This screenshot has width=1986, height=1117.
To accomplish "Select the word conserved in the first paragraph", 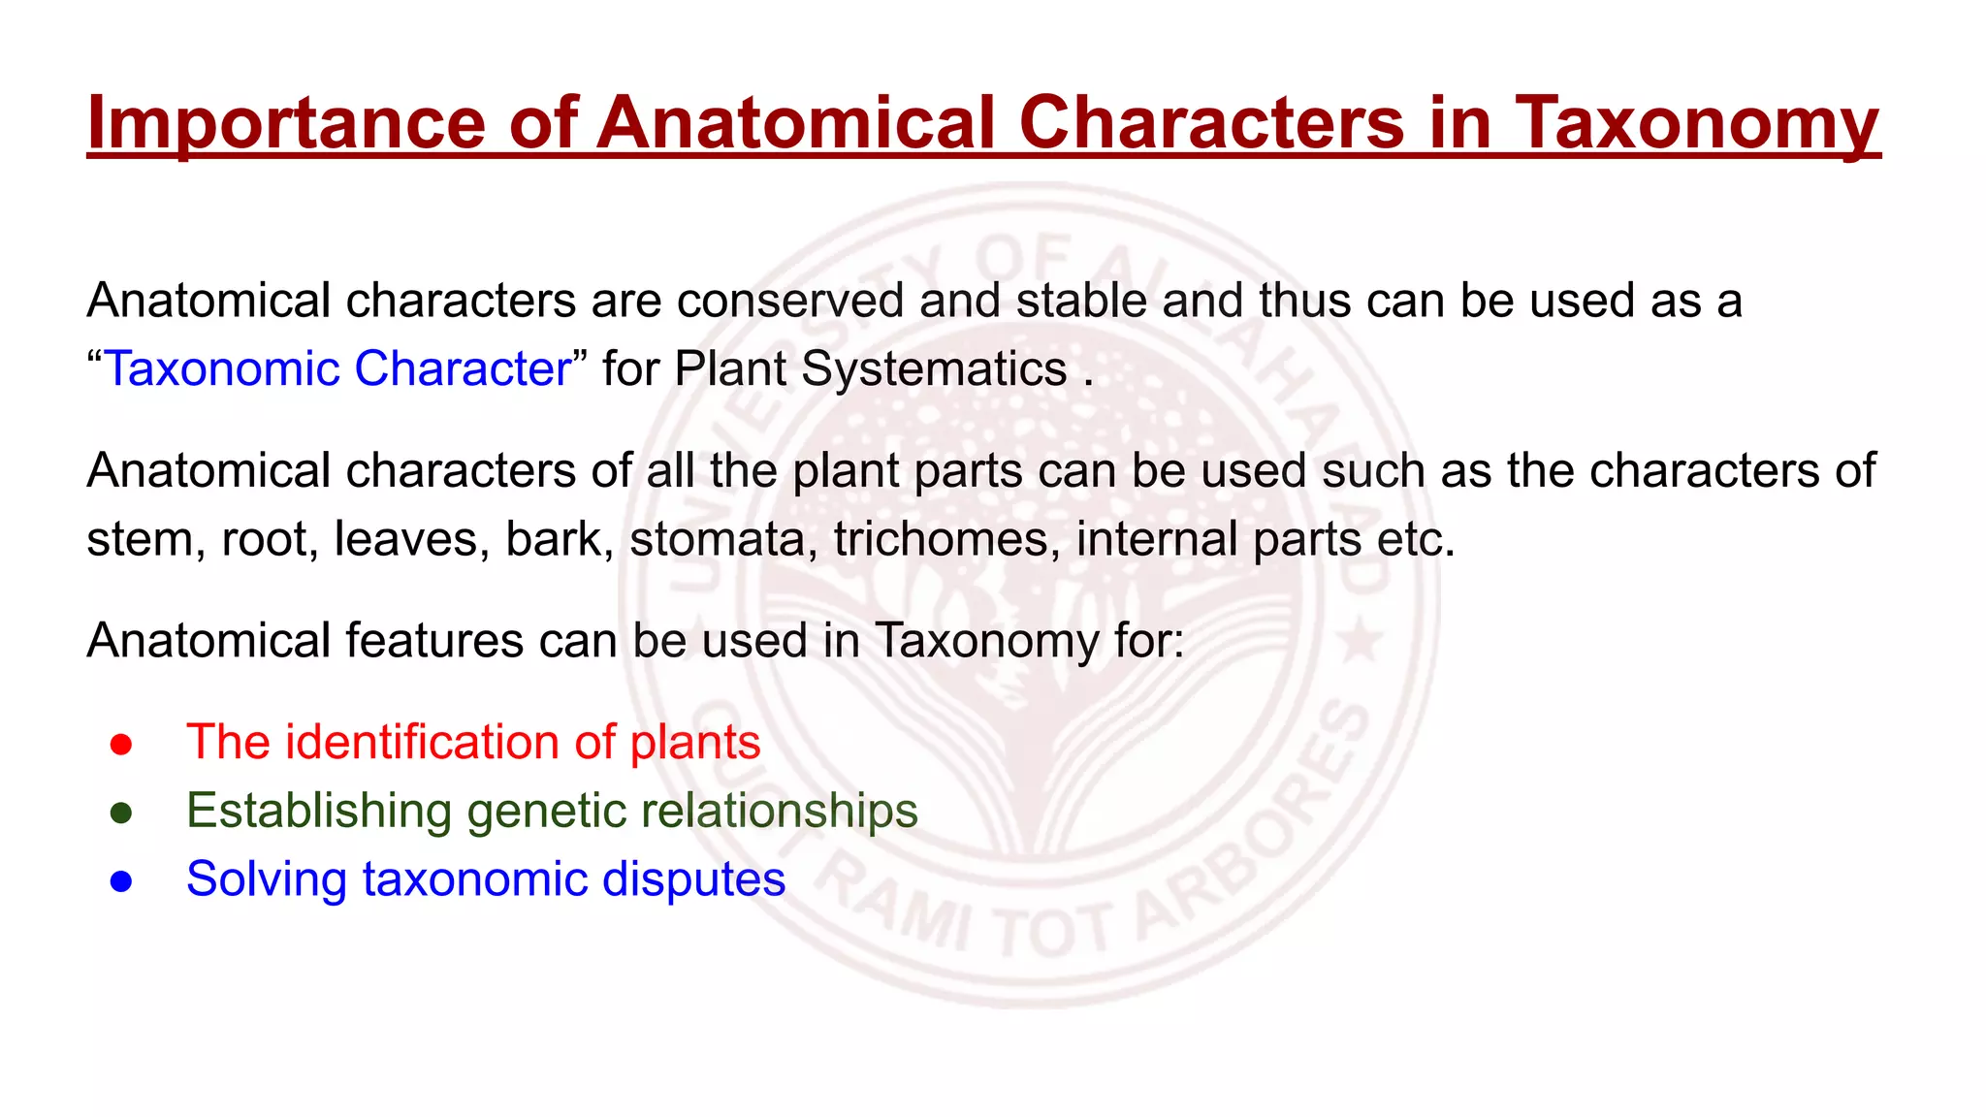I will pos(790,301).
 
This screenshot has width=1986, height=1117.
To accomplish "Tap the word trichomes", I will pos(946,539).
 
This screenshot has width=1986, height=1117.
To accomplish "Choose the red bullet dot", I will pos(121,745).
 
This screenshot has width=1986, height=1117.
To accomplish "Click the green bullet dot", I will pos(121,813).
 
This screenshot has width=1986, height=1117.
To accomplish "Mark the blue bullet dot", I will pos(121,881).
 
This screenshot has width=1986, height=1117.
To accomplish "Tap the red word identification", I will pos(422,743).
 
